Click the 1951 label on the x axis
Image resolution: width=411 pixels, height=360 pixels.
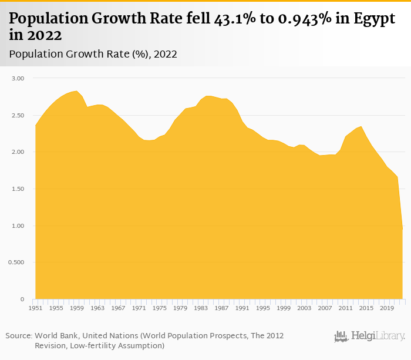36,308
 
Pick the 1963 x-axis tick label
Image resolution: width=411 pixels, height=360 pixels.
97,308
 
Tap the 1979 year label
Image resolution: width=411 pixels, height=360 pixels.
180,308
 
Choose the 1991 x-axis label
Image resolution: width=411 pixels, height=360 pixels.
242,308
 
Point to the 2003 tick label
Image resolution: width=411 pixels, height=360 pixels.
304,308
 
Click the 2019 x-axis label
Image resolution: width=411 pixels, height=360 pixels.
386,308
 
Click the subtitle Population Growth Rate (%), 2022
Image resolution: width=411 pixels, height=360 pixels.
93,54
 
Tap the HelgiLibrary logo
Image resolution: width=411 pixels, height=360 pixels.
369,336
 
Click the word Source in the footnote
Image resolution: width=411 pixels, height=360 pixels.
18,335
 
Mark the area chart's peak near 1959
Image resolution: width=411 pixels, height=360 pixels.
76,91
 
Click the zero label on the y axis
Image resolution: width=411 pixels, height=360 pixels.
22,300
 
